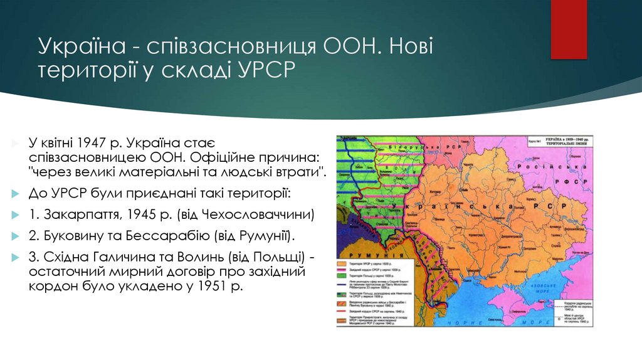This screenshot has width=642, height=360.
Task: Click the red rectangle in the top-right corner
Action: click(x=569, y=29)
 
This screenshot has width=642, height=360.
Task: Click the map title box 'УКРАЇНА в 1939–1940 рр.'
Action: click(x=569, y=141)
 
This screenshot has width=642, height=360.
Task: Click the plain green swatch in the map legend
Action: click(x=344, y=275)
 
